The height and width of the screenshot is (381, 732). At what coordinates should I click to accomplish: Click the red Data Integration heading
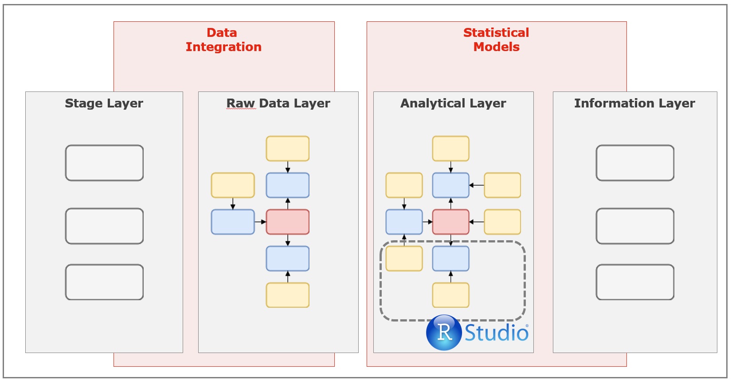coord(223,40)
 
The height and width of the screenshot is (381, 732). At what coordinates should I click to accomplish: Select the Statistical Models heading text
coord(496,40)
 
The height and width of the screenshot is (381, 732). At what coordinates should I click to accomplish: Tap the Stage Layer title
coord(104,103)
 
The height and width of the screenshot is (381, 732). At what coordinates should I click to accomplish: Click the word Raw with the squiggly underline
coord(241,103)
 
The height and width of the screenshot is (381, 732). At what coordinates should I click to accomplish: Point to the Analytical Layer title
coord(453,103)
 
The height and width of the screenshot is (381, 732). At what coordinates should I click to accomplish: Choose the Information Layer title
coord(634,103)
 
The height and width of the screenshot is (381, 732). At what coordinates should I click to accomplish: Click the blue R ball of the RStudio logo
coord(444,333)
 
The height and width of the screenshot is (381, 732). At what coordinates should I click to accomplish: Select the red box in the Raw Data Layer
coord(288,222)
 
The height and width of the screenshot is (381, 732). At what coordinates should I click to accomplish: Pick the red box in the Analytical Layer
coord(450,222)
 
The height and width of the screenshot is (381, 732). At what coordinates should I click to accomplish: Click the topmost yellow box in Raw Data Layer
coord(288,149)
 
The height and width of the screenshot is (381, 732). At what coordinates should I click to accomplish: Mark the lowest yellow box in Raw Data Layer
coord(288,295)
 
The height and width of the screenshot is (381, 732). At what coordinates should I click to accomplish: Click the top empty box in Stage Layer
coord(105,163)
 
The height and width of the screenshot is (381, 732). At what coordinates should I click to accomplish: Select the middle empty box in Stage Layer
coord(105,226)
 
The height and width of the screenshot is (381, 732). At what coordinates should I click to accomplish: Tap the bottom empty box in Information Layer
coord(635,282)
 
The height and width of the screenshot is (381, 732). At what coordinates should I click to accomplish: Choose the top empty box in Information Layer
coord(635,163)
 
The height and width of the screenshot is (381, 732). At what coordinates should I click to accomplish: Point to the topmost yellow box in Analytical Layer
coord(450,149)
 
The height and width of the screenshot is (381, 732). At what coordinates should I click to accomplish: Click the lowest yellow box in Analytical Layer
coord(450,295)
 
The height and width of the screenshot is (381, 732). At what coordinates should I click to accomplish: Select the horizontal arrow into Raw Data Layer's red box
coord(260,222)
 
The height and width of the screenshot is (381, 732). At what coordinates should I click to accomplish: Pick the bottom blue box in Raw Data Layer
coord(288,258)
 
